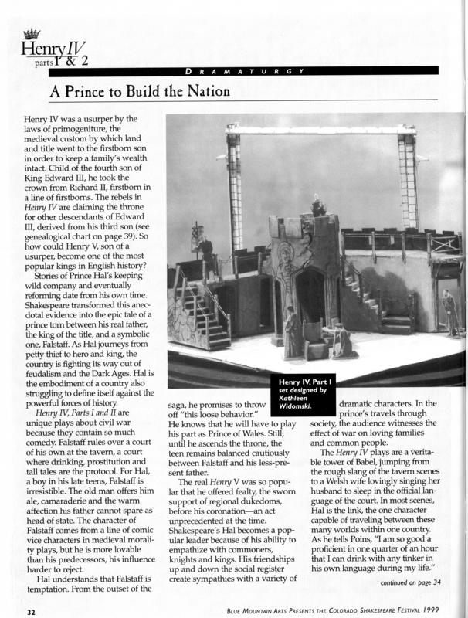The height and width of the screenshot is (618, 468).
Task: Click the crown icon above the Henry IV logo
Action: pos(32,33)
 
